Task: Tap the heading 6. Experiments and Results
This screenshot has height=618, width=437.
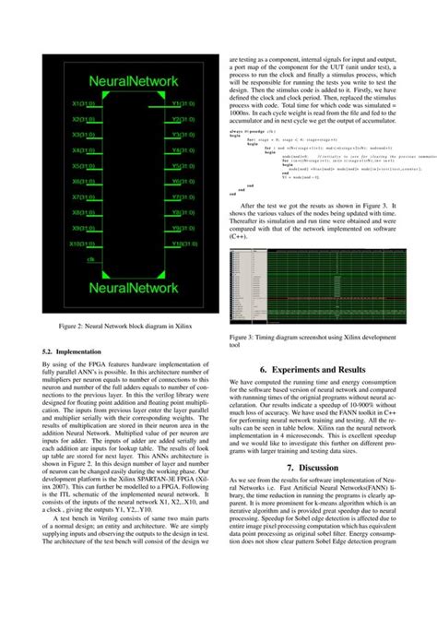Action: point(313,368)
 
